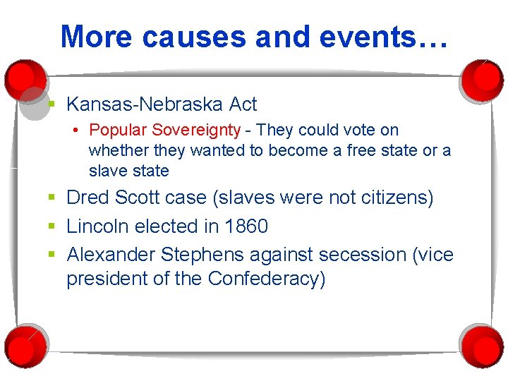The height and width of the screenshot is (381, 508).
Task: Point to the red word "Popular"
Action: click(118, 130)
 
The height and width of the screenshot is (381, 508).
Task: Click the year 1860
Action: click(246, 226)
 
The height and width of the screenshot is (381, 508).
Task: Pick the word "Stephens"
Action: click(202, 254)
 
